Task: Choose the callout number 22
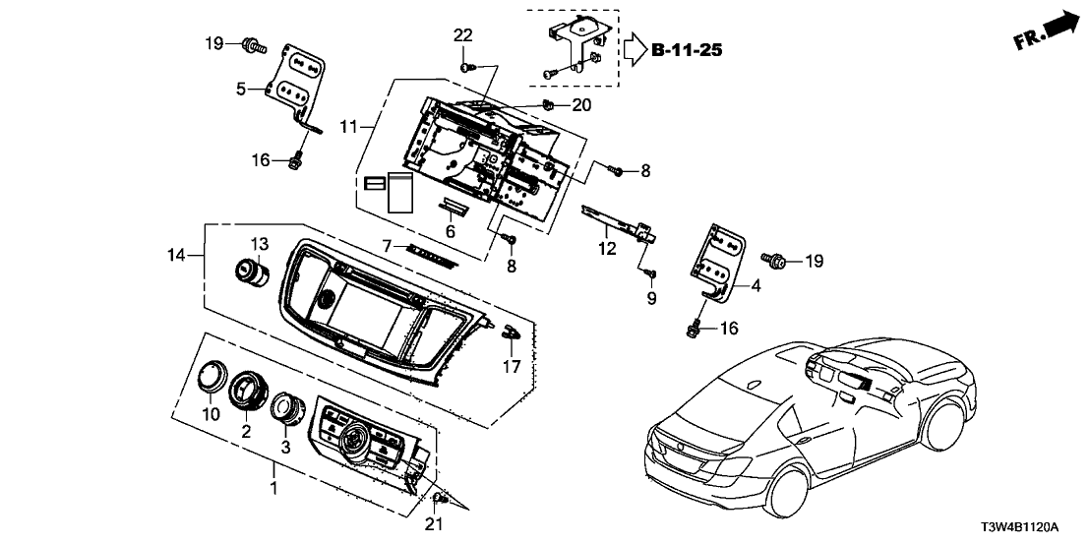(x=463, y=36)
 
